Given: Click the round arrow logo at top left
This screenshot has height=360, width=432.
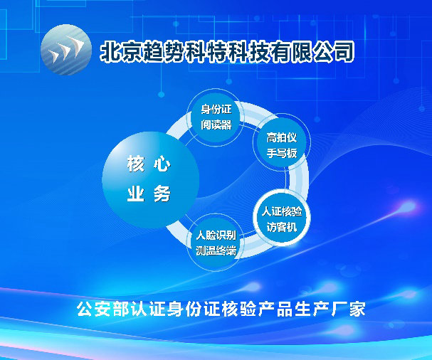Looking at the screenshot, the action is pyautogui.click(x=66, y=50).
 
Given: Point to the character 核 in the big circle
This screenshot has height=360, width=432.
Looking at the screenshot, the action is pyautogui.click(x=135, y=164).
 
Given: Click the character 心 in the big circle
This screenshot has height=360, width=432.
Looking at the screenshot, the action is pyautogui.click(x=162, y=164).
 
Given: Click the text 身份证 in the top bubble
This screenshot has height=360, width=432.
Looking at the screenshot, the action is pyautogui.click(x=216, y=110).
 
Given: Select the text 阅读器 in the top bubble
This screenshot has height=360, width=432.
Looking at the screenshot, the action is pyautogui.click(x=216, y=125).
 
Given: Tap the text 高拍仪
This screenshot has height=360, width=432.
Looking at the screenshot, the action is pyautogui.click(x=282, y=137).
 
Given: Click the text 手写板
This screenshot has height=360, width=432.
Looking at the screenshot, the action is pyautogui.click(x=282, y=153).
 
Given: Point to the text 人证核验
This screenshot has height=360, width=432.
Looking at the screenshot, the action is pyautogui.click(x=282, y=211).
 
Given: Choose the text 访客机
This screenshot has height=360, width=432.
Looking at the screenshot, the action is pyautogui.click(x=282, y=227).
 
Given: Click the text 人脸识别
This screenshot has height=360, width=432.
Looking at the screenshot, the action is pyautogui.click(x=216, y=235).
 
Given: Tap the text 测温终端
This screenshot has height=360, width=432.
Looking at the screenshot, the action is pyautogui.click(x=216, y=250).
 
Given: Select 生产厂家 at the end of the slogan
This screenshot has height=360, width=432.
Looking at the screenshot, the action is pyautogui.click(x=330, y=309).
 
